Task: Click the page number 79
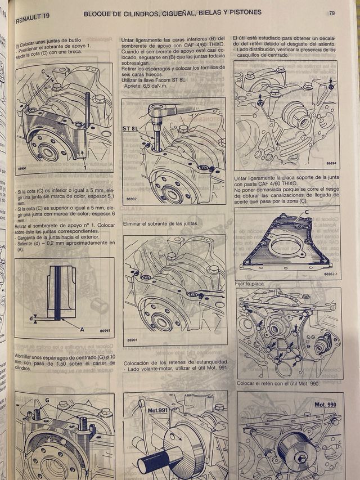[x=332, y=13]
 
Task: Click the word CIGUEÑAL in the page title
[x=173, y=12]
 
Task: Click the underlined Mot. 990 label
[x=325, y=404]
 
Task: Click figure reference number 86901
[x=132, y=340]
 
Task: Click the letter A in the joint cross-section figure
[x=82, y=330]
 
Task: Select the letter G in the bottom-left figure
[x=47, y=400]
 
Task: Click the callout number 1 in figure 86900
[x=84, y=167]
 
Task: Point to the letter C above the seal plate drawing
[x=307, y=212]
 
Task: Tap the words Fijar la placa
[x=250, y=284]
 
